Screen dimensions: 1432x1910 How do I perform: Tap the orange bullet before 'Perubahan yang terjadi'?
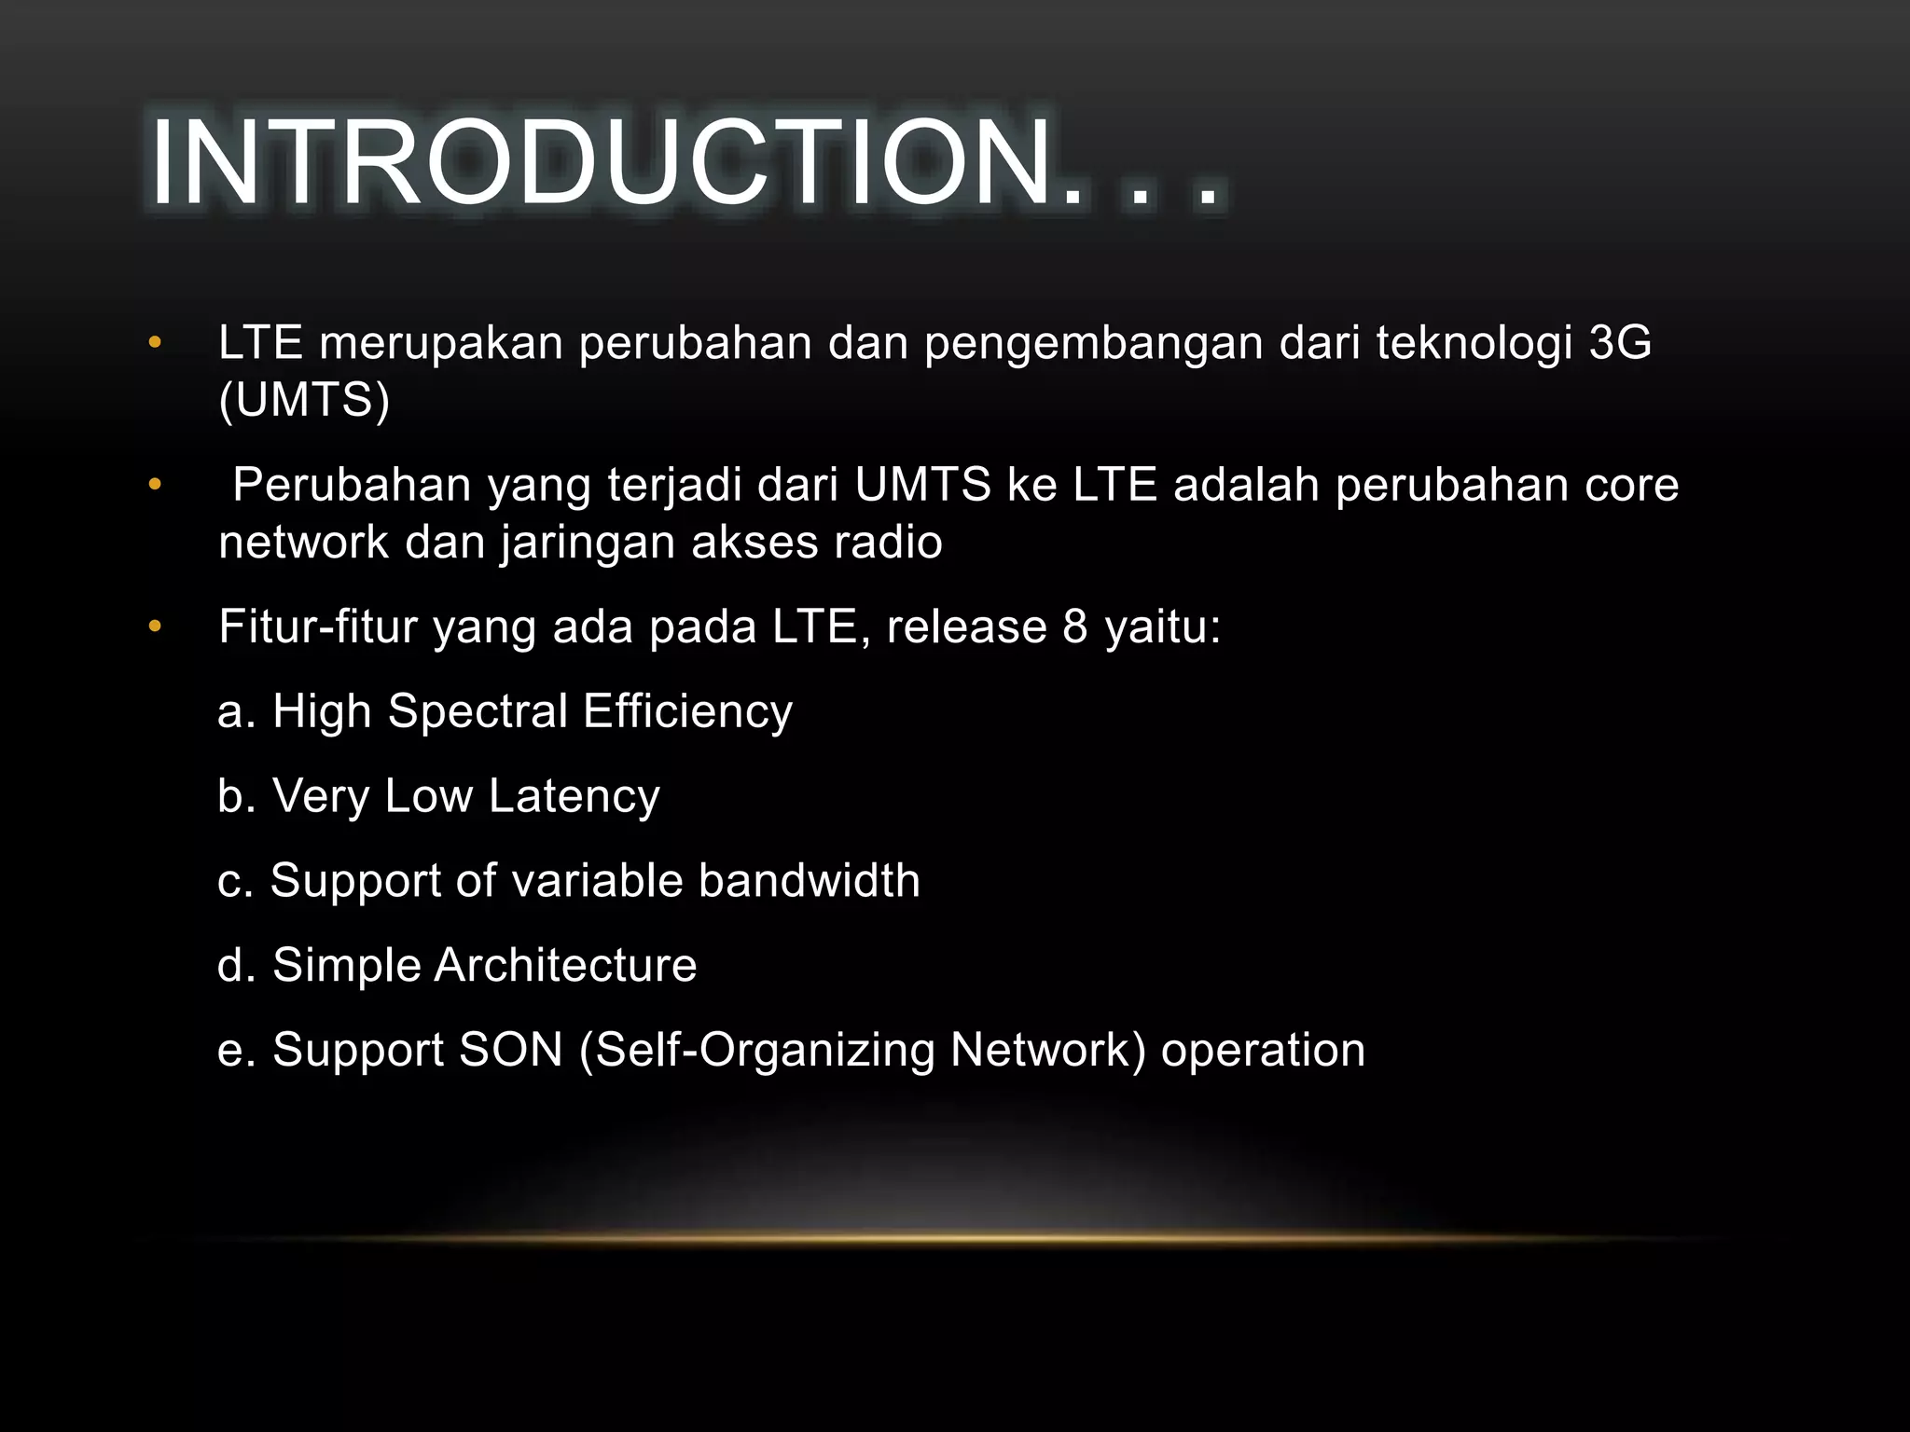[155, 485]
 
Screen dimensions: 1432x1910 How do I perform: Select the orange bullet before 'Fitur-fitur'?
[155, 626]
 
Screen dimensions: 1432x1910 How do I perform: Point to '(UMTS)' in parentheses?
[304, 400]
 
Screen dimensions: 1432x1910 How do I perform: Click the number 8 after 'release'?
[1075, 626]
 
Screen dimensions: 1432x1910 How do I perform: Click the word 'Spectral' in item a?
[477, 712]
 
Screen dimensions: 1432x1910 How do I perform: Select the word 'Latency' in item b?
[574, 797]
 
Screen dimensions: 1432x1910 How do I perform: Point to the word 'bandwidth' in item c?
[809, 880]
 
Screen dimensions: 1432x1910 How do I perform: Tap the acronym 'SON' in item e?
[511, 1050]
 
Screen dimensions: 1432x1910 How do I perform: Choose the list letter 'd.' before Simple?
[236, 965]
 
